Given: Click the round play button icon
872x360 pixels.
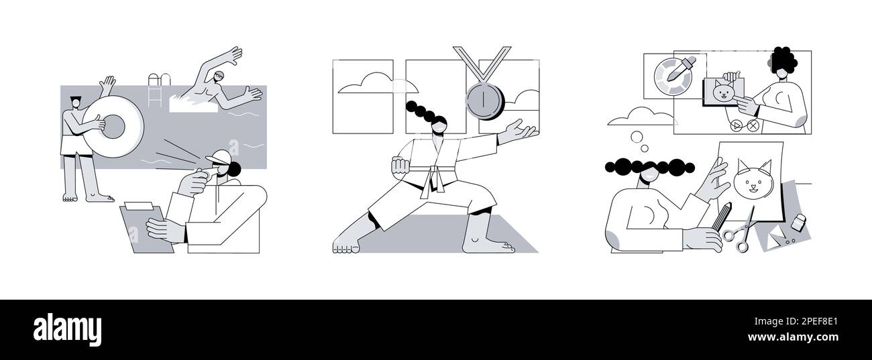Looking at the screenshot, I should (x=737, y=125).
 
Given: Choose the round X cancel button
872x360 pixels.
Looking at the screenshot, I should (x=753, y=125).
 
